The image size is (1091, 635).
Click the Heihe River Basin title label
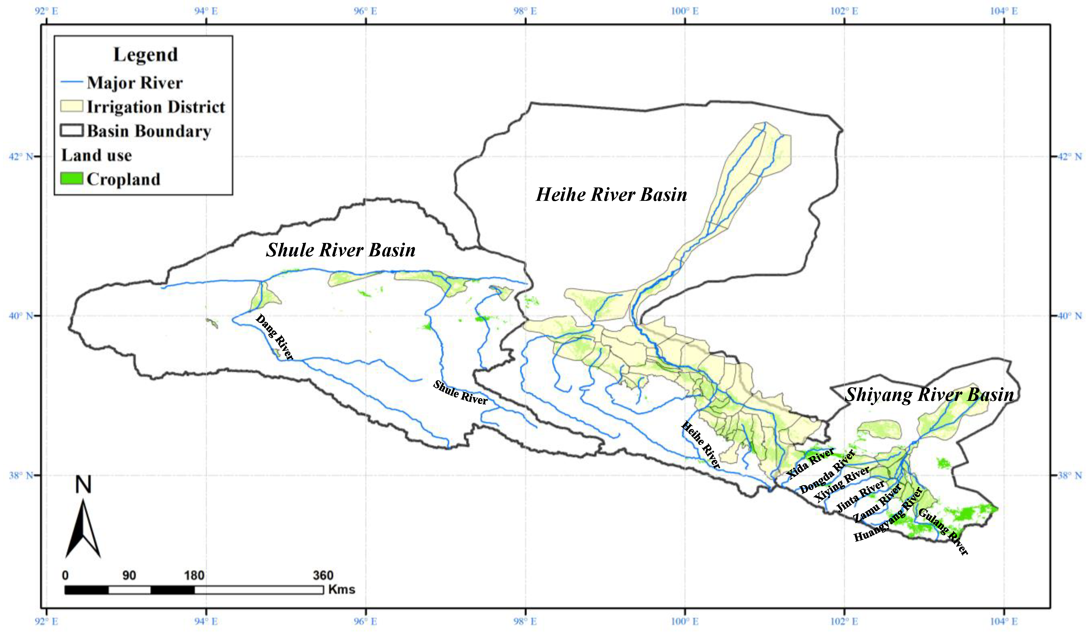(611, 195)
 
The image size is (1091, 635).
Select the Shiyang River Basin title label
(929, 394)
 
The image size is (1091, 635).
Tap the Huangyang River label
(888, 515)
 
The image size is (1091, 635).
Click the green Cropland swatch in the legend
(71, 179)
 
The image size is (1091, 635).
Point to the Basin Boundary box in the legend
(71, 131)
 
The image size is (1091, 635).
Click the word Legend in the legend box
(145, 54)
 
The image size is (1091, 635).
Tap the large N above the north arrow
(83, 485)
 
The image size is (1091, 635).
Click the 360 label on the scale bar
(323, 575)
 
